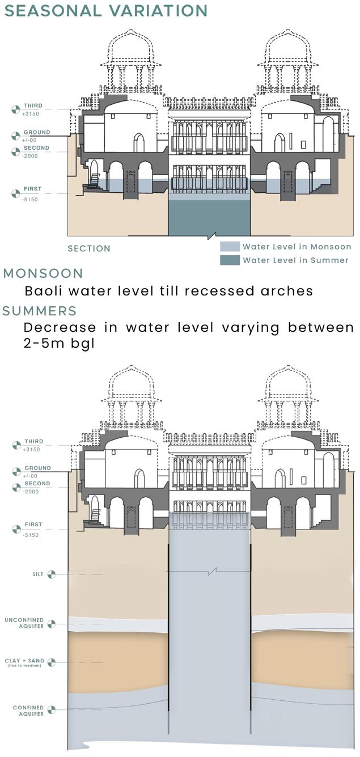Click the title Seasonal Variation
coord(105,10)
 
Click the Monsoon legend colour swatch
coord(229,247)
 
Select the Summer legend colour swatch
coord(229,260)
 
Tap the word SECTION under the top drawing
coord(89,248)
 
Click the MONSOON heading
coord(43,273)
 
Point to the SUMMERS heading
coord(39,311)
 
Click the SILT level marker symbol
coord(52,574)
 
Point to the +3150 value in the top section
coord(30,113)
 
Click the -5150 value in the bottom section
coord(30,532)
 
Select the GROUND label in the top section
coord(36,132)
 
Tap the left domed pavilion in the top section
coord(131,57)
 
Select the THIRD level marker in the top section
coord(16,109)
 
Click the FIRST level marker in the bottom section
coord(16,528)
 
